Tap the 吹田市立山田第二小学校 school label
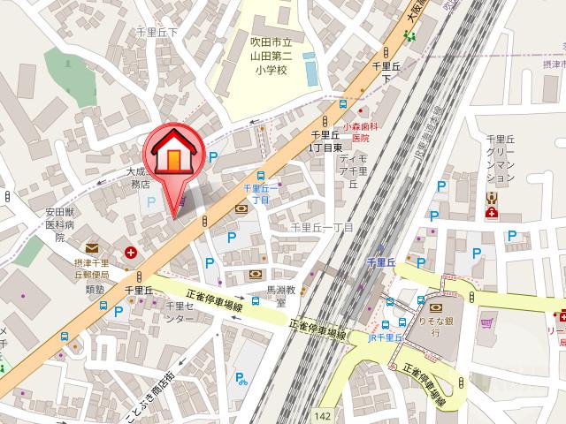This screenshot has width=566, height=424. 259,54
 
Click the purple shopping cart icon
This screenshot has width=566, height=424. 485,322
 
